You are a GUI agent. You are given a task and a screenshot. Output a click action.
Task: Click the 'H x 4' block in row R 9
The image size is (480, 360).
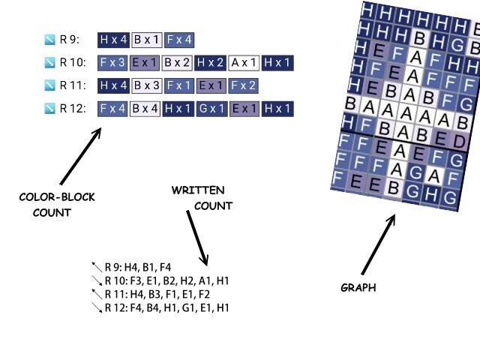(x=115, y=40)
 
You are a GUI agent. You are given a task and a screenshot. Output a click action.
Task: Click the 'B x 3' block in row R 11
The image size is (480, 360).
(x=148, y=85)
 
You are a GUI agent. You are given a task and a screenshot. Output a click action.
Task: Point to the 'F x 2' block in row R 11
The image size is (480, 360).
(x=244, y=85)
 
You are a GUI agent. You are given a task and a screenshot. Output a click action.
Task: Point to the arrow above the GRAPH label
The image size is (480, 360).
(x=378, y=244)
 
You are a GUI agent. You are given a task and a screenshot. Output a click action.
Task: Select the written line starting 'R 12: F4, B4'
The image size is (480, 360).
(x=166, y=307)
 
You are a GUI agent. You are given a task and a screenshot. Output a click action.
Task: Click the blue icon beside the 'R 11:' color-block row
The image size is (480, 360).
(x=50, y=86)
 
